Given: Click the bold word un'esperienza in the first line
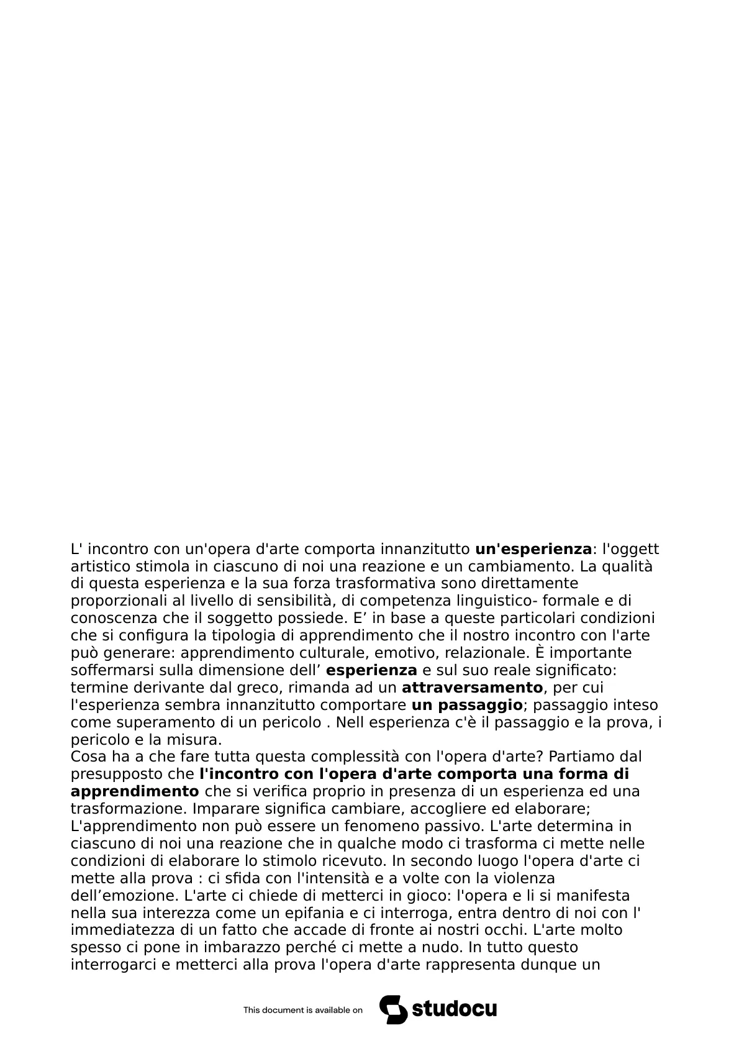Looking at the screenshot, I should point(533,549).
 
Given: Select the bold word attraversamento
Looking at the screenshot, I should point(472,688).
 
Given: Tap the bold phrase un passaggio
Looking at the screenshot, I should point(466,705).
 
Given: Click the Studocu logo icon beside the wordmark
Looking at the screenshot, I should point(393,1009).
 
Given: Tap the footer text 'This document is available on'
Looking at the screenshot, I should point(302,1010).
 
